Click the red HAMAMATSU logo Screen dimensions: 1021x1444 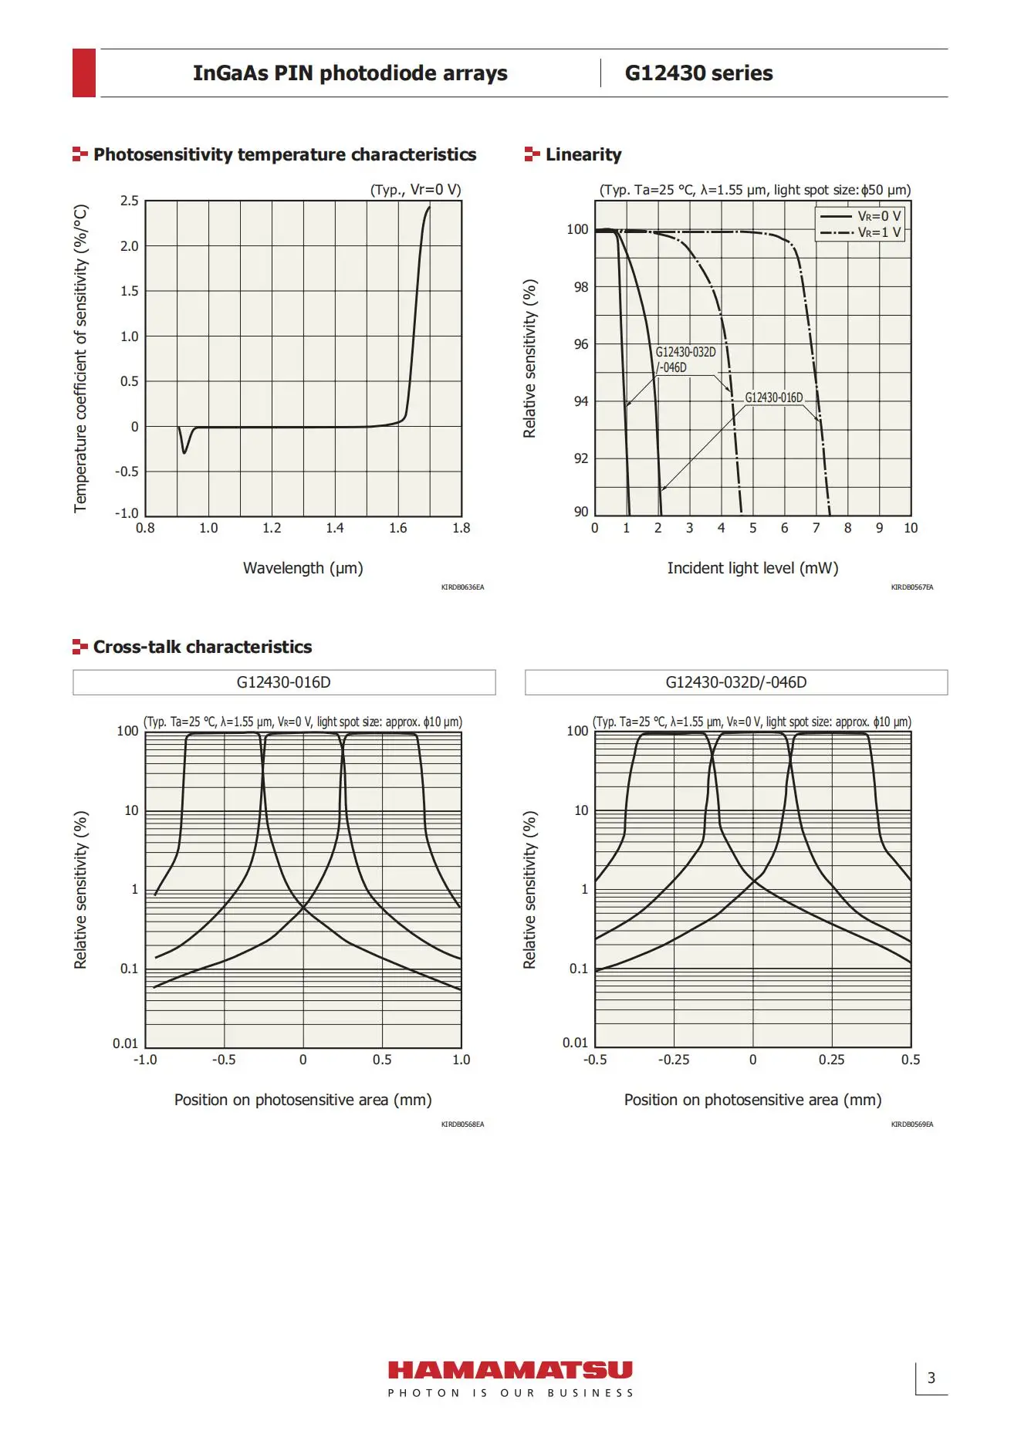click(510, 1370)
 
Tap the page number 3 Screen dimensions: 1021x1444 click(931, 1378)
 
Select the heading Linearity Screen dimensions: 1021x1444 click(583, 154)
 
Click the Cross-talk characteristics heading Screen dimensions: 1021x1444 click(202, 647)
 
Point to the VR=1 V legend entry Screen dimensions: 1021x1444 click(860, 232)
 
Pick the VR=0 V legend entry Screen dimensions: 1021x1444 click(860, 216)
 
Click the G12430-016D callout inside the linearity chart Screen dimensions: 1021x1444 click(773, 397)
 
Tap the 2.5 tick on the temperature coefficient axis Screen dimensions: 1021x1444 click(130, 201)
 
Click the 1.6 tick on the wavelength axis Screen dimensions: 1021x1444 click(398, 528)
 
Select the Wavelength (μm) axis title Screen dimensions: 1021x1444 click(303, 568)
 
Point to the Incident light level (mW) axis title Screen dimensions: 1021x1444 click(752, 568)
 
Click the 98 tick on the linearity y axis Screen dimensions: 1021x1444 click(580, 287)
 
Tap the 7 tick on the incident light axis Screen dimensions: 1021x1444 click(816, 528)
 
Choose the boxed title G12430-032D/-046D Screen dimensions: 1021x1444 click(736, 682)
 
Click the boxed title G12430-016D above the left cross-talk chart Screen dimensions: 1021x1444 click(284, 682)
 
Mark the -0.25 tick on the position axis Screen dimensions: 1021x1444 click(674, 1060)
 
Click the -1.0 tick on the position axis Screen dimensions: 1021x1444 click(145, 1060)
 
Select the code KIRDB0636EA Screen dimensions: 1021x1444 click(462, 587)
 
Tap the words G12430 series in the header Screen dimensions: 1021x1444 click(698, 73)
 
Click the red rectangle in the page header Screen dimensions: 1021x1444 click(84, 73)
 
